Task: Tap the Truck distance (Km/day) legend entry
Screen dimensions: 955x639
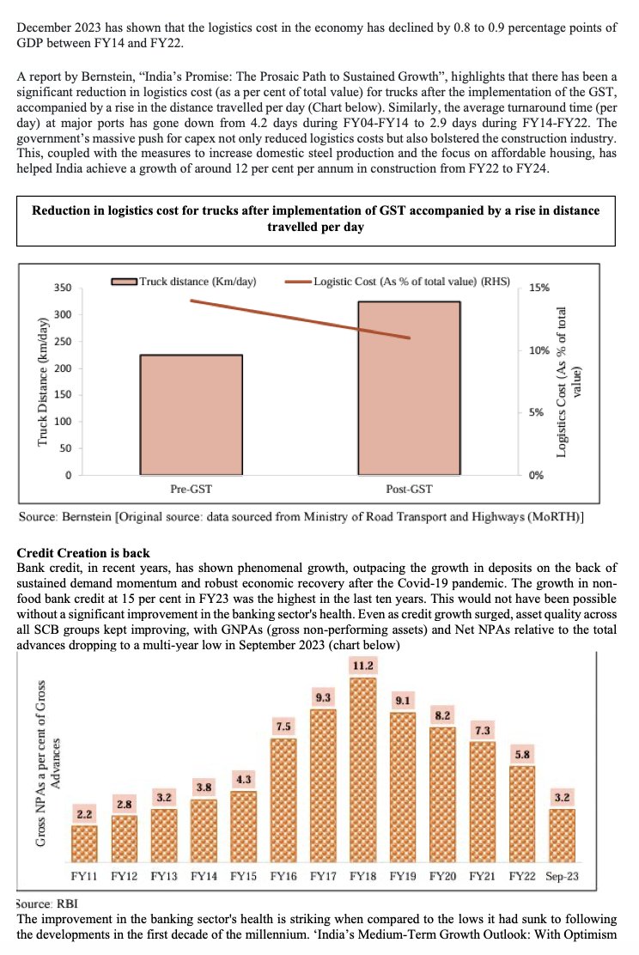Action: pyautogui.click(x=187, y=281)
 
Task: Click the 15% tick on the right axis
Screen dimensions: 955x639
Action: pyautogui.click(x=539, y=289)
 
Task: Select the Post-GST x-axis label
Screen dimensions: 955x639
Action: pyautogui.click(x=409, y=490)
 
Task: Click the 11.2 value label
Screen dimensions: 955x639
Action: pyautogui.click(x=362, y=666)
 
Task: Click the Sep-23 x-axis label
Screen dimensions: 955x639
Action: pyautogui.click(x=562, y=877)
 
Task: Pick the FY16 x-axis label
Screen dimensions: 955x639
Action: pyautogui.click(x=283, y=877)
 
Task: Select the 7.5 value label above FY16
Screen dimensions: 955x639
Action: pyautogui.click(x=283, y=727)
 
